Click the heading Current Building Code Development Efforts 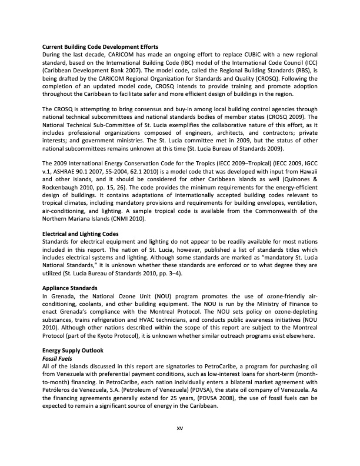[x=100, y=46]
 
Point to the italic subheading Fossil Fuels [x=56, y=358]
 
